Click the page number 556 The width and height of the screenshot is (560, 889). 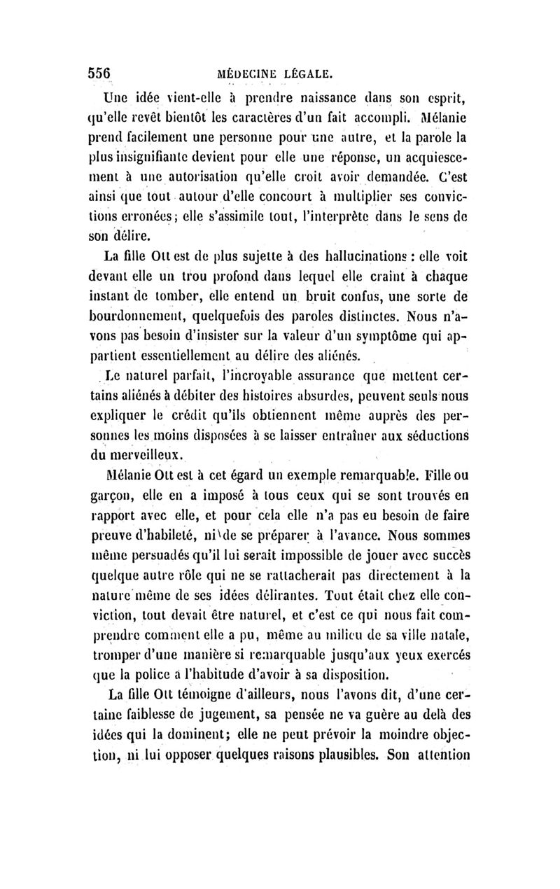point(101,72)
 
